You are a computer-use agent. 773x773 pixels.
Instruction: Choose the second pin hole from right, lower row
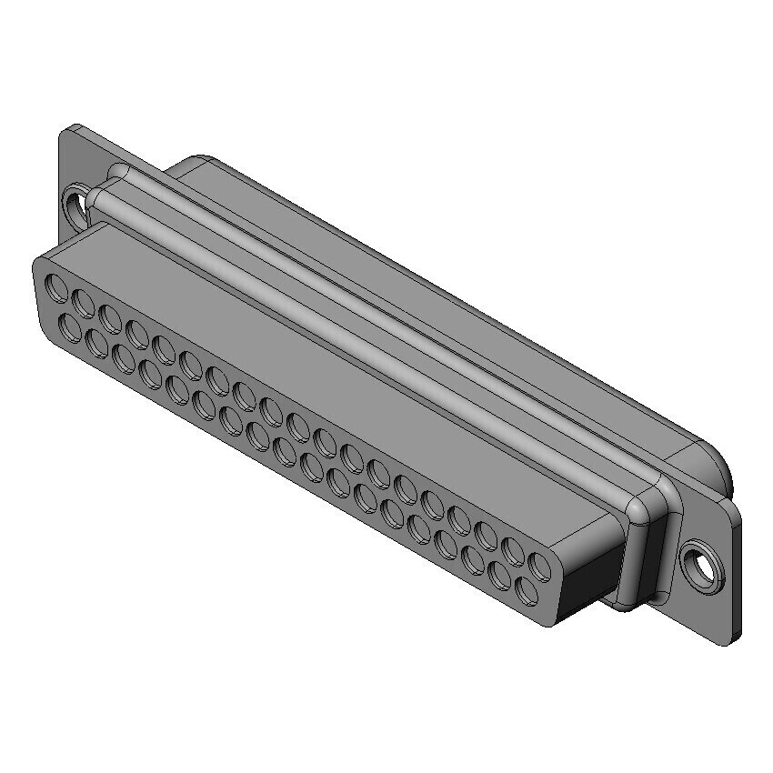coord(499,575)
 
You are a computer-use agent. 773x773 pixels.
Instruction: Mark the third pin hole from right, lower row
coord(473,560)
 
